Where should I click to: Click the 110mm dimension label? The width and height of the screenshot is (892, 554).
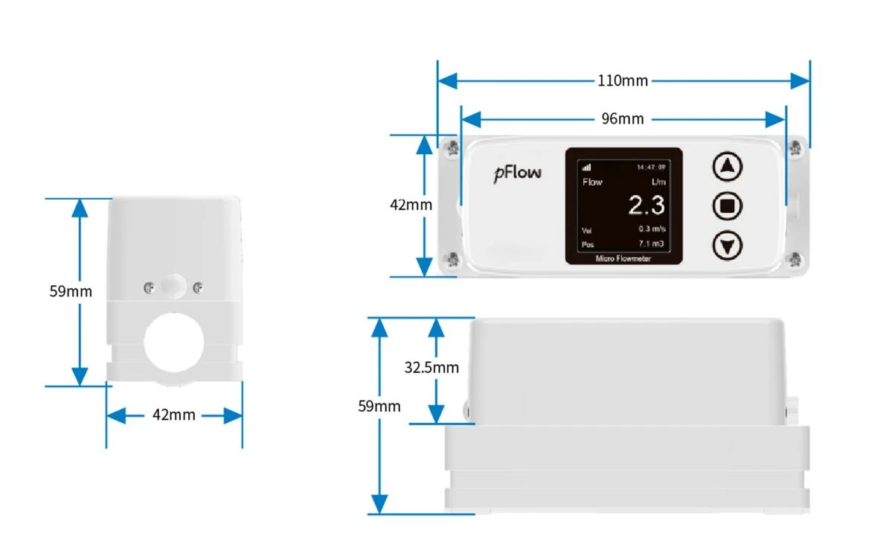click(623, 81)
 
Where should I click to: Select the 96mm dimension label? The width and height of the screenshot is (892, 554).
click(623, 119)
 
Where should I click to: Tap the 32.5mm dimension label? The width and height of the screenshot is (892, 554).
click(431, 368)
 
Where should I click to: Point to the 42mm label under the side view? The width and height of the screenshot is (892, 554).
click(173, 415)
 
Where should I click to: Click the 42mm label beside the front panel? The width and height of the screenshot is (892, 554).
click(411, 205)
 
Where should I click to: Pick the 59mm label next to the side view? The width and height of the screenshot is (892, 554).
click(71, 291)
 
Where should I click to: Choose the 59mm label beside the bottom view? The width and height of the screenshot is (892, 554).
click(379, 407)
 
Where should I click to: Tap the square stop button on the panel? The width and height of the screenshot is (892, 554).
click(727, 206)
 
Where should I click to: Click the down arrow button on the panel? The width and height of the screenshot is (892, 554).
click(727, 246)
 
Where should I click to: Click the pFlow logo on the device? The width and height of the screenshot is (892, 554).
click(517, 173)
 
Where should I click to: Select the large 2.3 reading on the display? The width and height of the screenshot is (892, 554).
click(646, 205)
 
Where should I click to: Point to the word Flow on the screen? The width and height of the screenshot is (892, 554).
click(592, 182)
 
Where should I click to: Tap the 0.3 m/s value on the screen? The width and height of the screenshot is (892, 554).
click(652, 229)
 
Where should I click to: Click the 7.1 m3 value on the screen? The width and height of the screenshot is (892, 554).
click(652, 243)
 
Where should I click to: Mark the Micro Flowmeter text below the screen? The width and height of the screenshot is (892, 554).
click(623, 258)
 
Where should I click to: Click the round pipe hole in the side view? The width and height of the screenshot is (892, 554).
click(173, 343)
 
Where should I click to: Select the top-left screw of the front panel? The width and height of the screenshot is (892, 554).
click(452, 149)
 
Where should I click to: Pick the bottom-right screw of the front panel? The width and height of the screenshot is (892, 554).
click(794, 260)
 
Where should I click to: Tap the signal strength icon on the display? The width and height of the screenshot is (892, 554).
click(586, 168)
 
